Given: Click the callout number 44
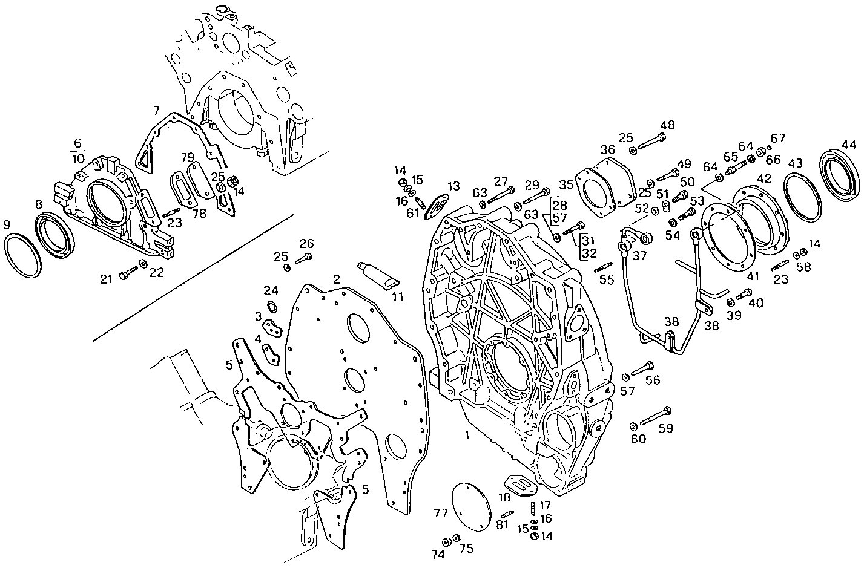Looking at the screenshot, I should (848, 145).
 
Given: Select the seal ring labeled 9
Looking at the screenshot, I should (23, 255).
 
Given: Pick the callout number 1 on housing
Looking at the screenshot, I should (467, 436).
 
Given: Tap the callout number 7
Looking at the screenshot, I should (156, 110).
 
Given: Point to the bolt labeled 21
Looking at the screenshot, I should (129, 275).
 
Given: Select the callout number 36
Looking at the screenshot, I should (607, 149).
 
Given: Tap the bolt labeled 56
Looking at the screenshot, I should (642, 367).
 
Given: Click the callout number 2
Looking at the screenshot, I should (336, 279).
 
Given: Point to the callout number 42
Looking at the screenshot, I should (764, 178).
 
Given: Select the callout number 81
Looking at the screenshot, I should (502, 524).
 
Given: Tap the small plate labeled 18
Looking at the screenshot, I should (518, 483).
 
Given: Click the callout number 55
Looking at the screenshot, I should (606, 279).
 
